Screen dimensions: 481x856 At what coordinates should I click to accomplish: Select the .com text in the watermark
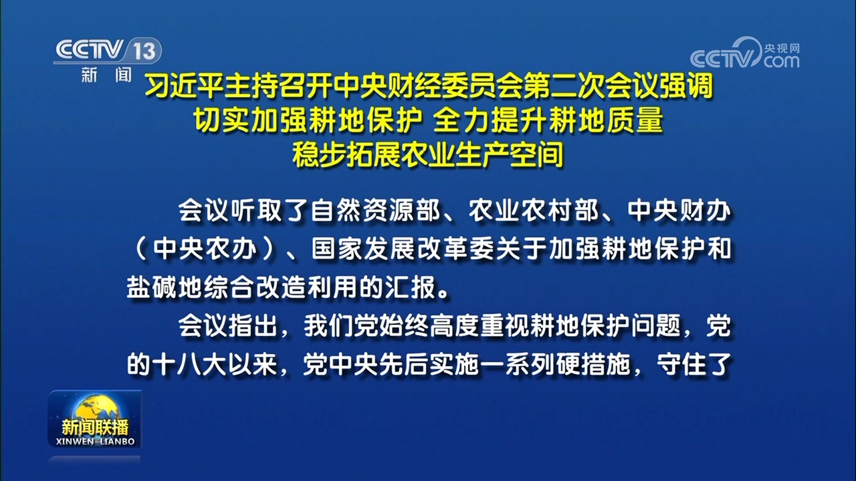pyautogui.click(x=780, y=61)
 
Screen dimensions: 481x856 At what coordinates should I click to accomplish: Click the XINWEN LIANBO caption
pyautogui.click(x=94, y=442)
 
